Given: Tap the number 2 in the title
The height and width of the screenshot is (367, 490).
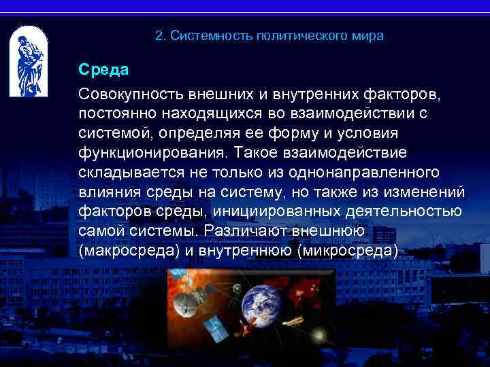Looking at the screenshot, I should pyautogui.click(x=159, y=35).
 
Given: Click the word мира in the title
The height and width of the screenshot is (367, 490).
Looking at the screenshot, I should pyautogui.click(x=369, y=35).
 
